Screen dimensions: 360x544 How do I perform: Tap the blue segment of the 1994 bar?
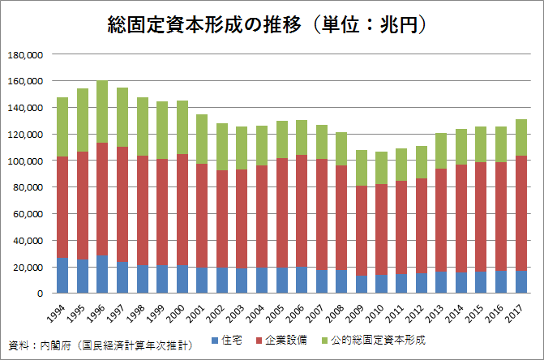point(62,275)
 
